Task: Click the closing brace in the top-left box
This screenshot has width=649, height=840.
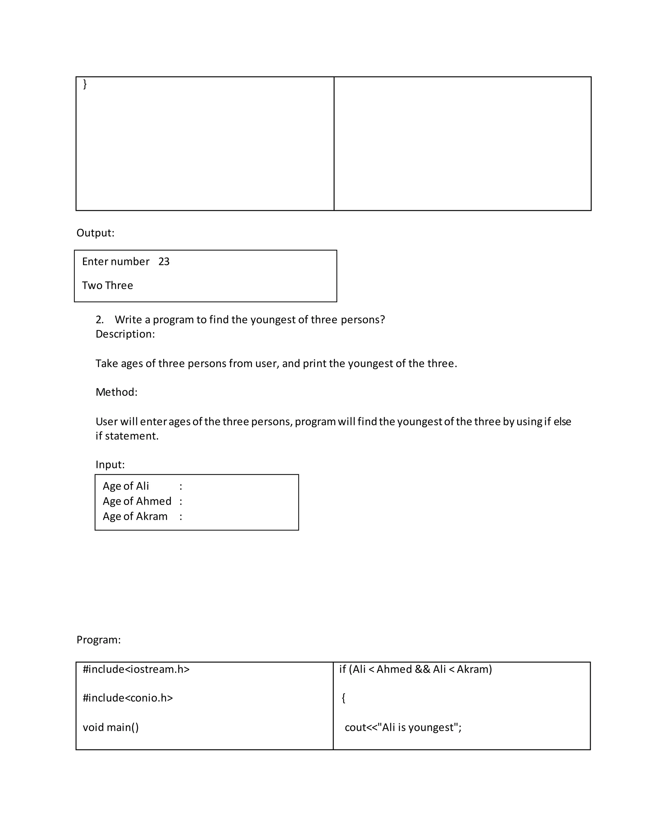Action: pyautogui.click(x=85, y=84)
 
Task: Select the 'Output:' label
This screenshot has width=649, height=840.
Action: pyautogui.click(x=95, y=233)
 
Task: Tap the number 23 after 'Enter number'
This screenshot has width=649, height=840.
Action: pyautogui.click(x=164, y=262)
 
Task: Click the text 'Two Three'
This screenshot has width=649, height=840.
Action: pyautogui.click(x=107, y=285)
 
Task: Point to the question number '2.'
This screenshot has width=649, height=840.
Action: pyautogui.click(x=100, y=320)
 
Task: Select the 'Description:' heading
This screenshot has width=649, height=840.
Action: pyautogui.click(x=125, y=334)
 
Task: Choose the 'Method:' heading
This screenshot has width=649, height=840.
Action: pyautogui.click(x=116, y=392)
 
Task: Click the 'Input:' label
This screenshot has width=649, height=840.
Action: pyautogui.click(x=110, y=465)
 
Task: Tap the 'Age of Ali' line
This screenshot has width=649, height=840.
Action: pyautogui.click(x=126, y=486)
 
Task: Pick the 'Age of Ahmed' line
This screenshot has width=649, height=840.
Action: pyautogui.click(x=137, y=501)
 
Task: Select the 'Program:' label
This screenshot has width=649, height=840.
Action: pyautogui.click(x=99, y=640)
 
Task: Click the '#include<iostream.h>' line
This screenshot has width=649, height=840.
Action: pyautogui.click(x=136, y=669)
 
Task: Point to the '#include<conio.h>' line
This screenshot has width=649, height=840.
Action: pyautogui.click(x=128, y=698)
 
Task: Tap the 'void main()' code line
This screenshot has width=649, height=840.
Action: pyautogui.click(x=111, y=727)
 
